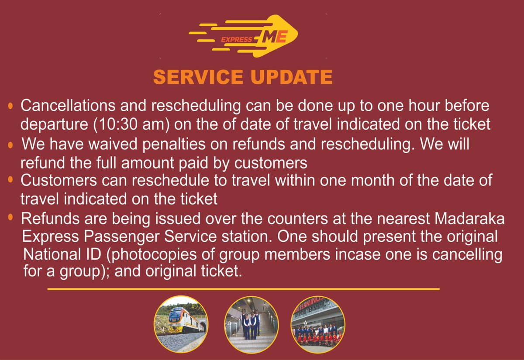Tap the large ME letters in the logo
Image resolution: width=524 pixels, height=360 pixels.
(274, 38)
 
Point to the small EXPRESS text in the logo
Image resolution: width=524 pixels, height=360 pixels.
(236, 40)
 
